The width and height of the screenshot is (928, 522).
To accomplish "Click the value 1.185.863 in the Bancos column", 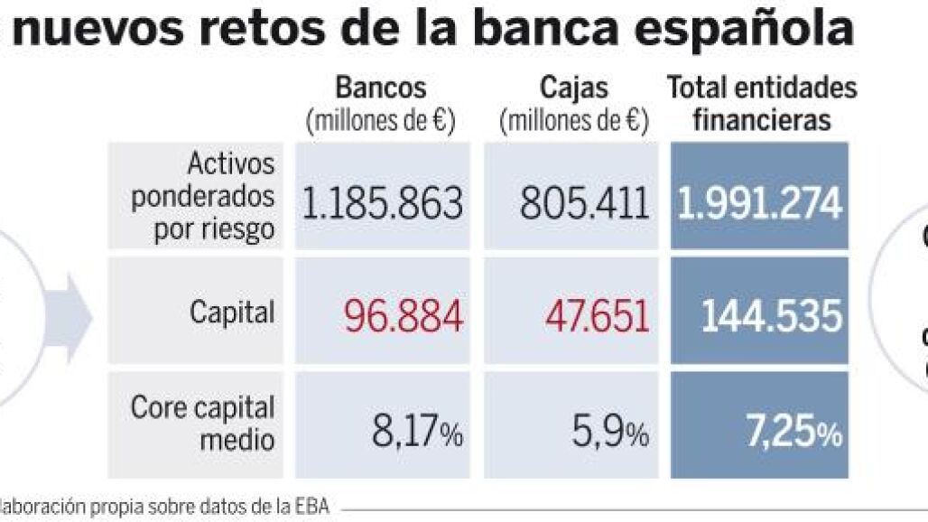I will pyautogui.click(x=382, y=205).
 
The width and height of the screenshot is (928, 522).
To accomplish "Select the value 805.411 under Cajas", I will pyautogui.click(x=584, y=205).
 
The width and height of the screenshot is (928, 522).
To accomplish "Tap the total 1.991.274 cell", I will pyautogui.click(x=760, y=205).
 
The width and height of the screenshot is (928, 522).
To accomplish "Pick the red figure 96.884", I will pyautogui.click(x=403, y=316).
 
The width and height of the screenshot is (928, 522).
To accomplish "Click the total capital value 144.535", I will pyautogui.click(x=771, y=316).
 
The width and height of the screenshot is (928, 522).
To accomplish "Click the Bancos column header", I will pyautogui.click(x=380, y=88).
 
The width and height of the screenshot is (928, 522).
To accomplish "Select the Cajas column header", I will pyautogui.click(x=574, y=88).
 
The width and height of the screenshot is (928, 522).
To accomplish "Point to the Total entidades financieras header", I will pyautogui.click(x=762, y=103).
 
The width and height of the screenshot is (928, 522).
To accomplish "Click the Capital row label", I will pyautogui.click(x=232, y=313).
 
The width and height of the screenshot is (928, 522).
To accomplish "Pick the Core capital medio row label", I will pyautogui.click(x=202, y=423).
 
